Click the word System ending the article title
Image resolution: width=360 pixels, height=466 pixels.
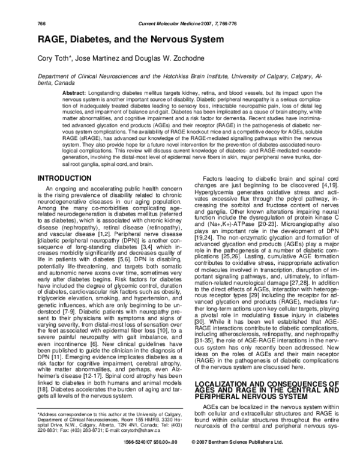(215, 38)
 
